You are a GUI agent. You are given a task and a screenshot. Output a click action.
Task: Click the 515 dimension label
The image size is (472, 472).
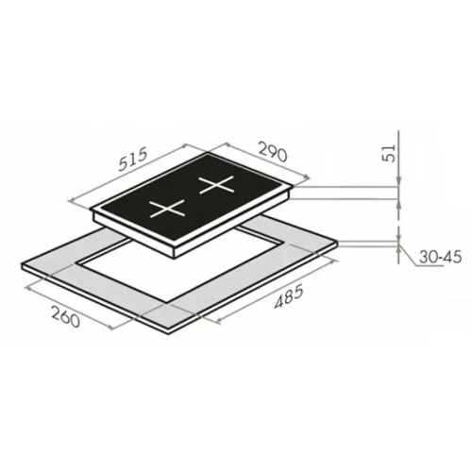pos(133,160)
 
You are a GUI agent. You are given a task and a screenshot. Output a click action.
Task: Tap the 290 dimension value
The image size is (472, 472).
pos(273,151)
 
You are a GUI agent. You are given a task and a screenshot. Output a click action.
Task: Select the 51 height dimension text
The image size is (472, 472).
pos(390,153)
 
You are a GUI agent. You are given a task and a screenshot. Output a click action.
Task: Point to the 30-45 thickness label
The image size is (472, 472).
pos(440,258)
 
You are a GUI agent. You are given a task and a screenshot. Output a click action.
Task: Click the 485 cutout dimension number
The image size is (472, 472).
pos(289,295)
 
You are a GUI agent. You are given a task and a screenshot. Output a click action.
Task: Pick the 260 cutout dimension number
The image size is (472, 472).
pos(65,317)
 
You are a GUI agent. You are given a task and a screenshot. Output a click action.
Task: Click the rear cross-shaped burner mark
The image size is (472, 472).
pos(217,185)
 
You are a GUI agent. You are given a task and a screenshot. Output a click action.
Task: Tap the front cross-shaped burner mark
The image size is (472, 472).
pos(166,209)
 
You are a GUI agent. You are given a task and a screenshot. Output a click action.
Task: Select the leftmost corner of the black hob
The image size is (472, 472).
pos(90,209)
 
